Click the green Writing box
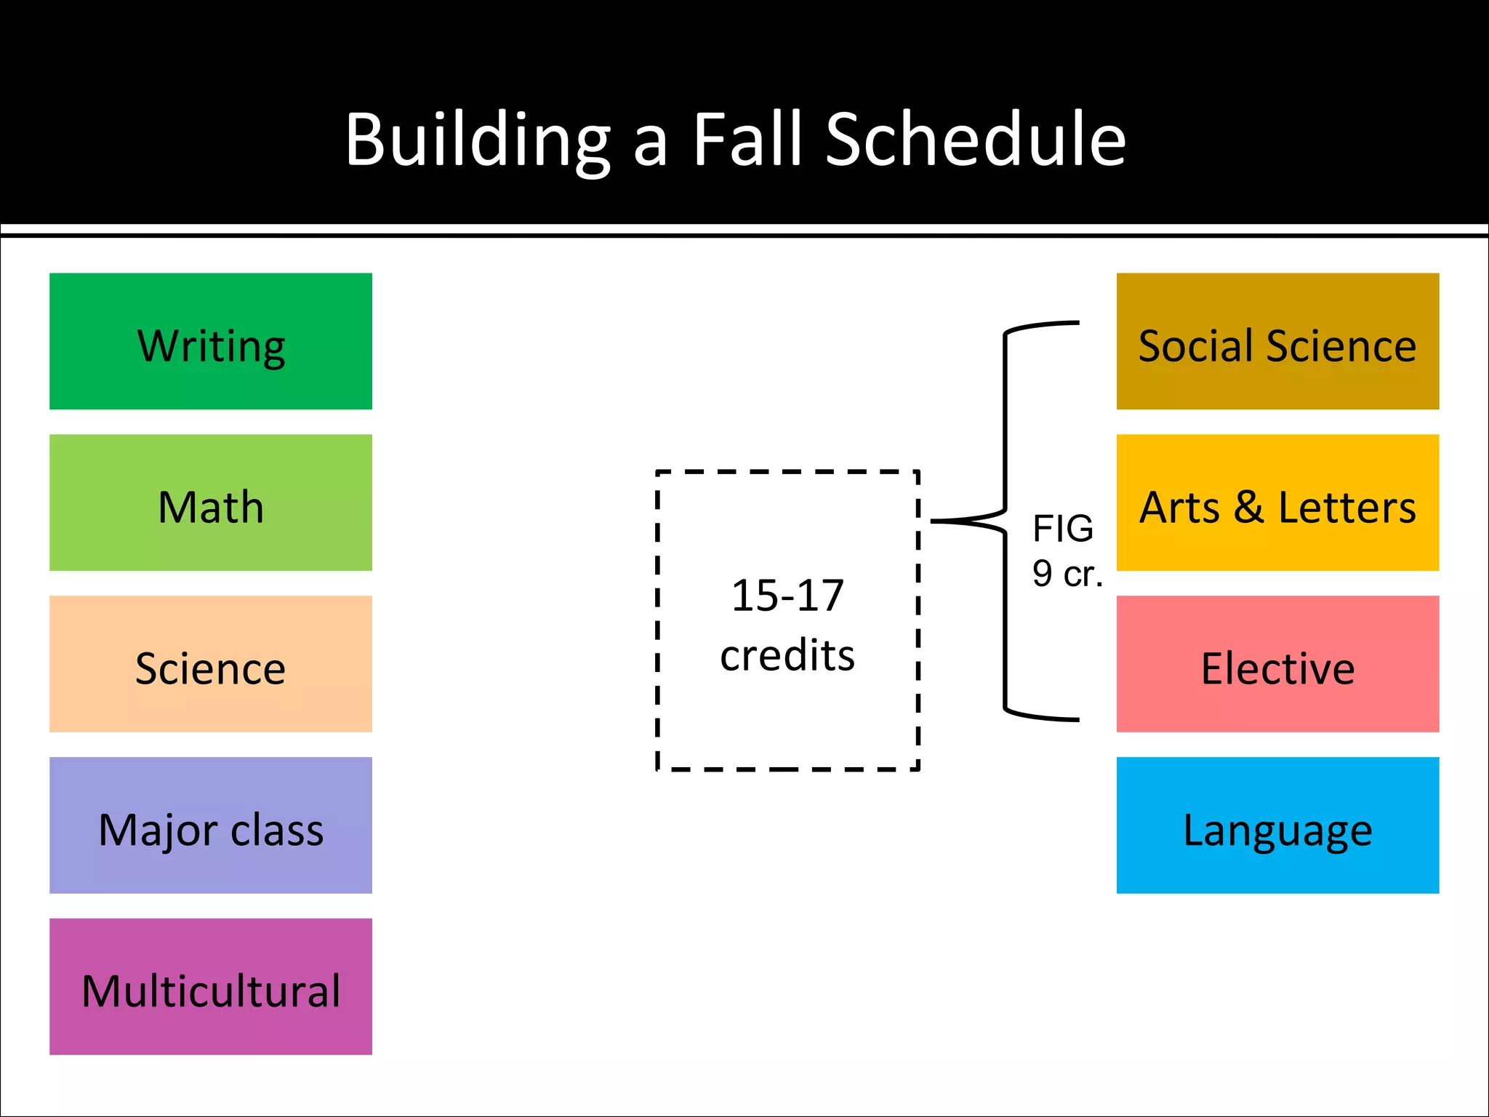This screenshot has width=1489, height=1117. coord(211,341)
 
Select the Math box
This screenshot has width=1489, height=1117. coord(211,503)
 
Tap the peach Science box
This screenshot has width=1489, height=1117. coord(211,664)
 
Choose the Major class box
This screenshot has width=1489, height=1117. coord(211,825)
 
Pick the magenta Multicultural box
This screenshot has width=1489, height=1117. coord(211,987)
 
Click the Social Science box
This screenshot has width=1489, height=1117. coord(1277,341)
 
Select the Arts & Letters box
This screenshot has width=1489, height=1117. coord(1277,503)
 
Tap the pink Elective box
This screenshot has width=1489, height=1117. coord(1277,664)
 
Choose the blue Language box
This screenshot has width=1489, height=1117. coord(1277,825)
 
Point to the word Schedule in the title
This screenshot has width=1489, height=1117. coord(976,140)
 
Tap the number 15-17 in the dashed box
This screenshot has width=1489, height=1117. coord(787,596)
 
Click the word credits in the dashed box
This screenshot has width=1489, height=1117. coord(787,655)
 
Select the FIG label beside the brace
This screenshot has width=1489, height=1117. coord(1063,529)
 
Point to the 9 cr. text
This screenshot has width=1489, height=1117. coord(1067,574)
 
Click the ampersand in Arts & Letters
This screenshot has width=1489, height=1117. coord(1248,507)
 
